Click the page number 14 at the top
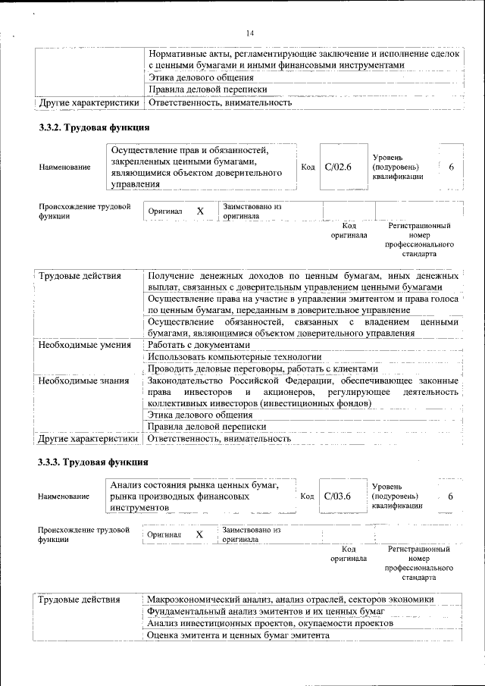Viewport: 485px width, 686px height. click(250, 33)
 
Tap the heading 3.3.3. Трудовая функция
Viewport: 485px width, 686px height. click(93, 462)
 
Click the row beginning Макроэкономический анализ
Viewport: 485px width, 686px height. click(290, 599)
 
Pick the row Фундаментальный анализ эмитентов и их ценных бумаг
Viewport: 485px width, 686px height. click(266, 611)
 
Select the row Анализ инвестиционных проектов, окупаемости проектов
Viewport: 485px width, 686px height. click(270, 623)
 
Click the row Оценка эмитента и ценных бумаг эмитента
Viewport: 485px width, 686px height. click(238, 635)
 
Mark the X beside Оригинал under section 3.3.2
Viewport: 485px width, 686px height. click(200, 211)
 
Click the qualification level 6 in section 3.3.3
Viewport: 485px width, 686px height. click(451, 496)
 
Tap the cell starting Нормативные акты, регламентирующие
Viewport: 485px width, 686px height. click(303, 60)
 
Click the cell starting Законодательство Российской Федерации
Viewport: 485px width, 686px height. click(303, 392)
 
